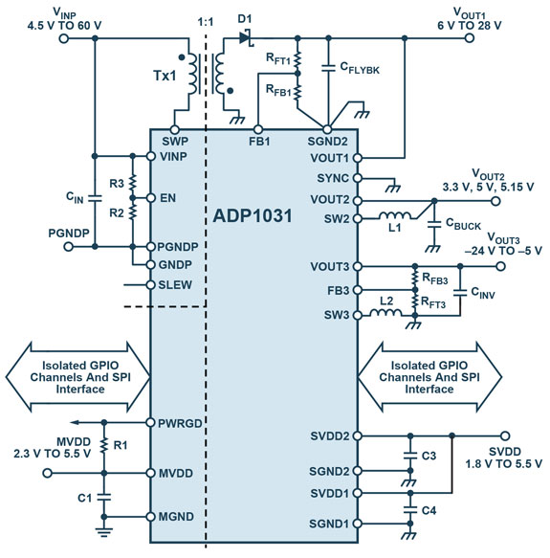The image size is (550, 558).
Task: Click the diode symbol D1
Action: coord(246,37)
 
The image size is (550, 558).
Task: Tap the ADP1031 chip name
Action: coord(253,216)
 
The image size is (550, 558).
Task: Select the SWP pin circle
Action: coord(175,129)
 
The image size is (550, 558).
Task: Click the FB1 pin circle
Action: coord(258,129)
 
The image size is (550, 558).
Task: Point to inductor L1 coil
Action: coord(394,215)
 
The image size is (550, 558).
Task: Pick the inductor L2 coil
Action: coord(386,313)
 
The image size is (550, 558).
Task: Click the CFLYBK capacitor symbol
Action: coord(328,68)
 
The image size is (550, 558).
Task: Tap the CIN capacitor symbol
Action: coord(95,198)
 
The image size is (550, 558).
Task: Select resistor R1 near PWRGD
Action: coord(104,445)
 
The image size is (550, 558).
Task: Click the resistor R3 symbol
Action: coord(133,183)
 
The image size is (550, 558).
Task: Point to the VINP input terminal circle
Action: coord(64,38)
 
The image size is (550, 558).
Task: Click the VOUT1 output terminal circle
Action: coord(470,38)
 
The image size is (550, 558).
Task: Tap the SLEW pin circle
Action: coord(151,285)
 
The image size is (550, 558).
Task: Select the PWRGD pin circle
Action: coord(151,422)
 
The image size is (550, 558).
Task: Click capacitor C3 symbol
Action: coord(410,456)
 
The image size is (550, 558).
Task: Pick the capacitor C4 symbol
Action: coord(410,509)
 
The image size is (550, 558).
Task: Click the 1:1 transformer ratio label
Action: coord(206,22)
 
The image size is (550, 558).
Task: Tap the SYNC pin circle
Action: coord(358,178)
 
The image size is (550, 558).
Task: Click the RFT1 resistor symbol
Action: coord(297,59)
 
